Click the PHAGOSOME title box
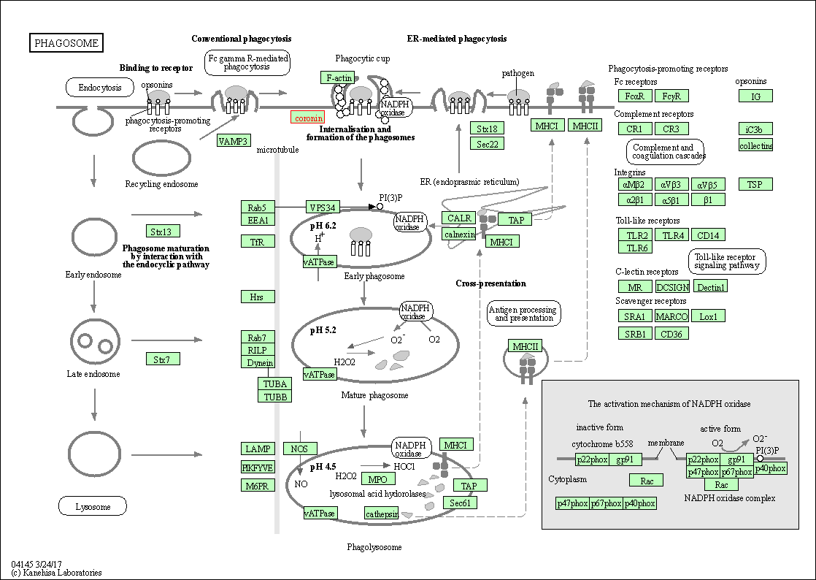click(66, 43)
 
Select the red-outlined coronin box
click(308, 118)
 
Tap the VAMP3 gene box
click(234, 141)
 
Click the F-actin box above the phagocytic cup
click(339, 77)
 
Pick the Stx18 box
click(487, 129)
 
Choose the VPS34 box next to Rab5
click(321, 207)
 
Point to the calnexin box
click(459, 234)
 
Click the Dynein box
click(260, 363)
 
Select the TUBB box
click(274, 397)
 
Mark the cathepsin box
click(382, 514)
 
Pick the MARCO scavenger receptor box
click(671, 316)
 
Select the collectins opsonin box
click(755, 145)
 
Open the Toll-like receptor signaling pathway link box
click(726, 262)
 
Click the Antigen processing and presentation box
click(523, 313)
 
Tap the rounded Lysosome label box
click(93, 506)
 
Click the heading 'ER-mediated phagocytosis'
click(456, 39)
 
